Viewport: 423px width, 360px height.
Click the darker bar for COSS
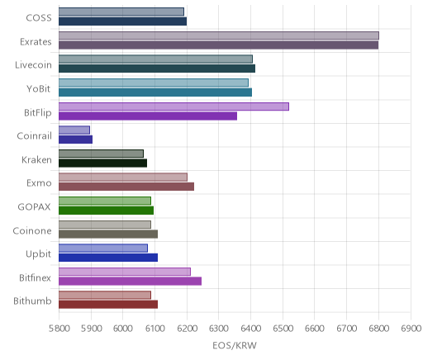click(x=122, y=21)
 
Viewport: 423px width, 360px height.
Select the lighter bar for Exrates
click(x=219, y=36)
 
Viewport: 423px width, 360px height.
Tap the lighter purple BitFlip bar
click(x=173, y=107)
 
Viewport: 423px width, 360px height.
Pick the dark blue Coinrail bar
click(x=75, y=140)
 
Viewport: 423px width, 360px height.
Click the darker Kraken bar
click(x=102, y=163)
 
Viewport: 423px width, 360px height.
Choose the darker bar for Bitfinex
click(x=130, y=281)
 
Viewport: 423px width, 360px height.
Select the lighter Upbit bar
click(x=103, y=248)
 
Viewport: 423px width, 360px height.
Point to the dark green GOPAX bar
click(x=106, y=211)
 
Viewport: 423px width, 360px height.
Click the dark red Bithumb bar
click(x=108, y=305)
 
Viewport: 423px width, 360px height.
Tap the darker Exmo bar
click(x=126, y=187)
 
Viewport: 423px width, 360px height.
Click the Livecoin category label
click(x=33, y=65)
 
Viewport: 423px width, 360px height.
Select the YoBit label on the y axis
click(x=39, y=88)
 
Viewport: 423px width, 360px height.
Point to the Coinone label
click(x=32, y=230)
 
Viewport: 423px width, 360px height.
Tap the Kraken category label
click(x=36, y=159)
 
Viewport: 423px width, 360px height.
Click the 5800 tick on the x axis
click(x=59, y=329)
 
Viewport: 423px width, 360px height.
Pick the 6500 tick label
click(x=283, y=329)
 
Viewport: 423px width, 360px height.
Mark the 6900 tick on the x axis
click(x=411, y=329)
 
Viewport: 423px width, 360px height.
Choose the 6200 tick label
click(x=187, y=329)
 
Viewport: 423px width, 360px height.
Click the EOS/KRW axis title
click(x=235, y=345)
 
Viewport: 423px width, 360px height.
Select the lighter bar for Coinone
click(x=105, y=225)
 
